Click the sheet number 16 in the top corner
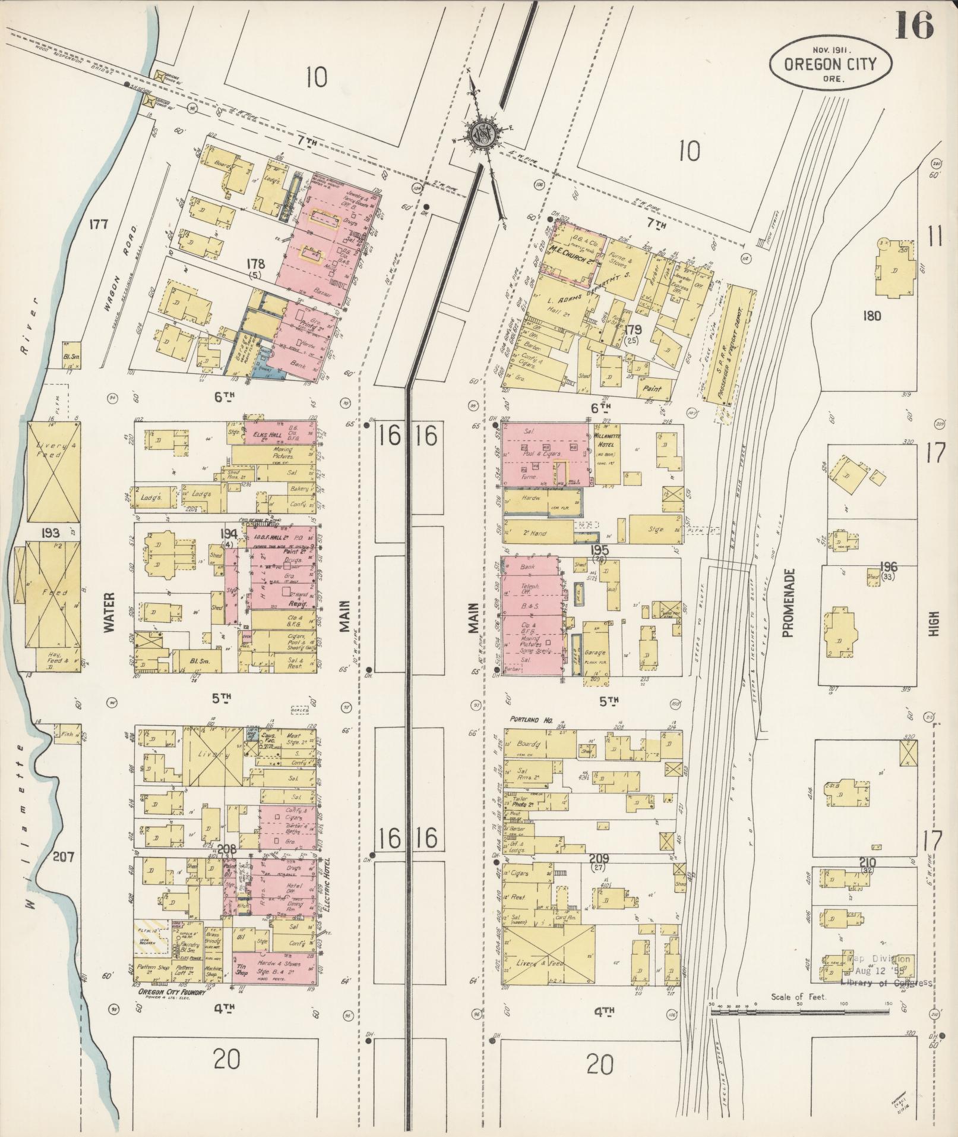coord(914,25)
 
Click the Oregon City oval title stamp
coord(830,65)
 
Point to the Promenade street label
coord(788,603)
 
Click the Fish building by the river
coord(67,734)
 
